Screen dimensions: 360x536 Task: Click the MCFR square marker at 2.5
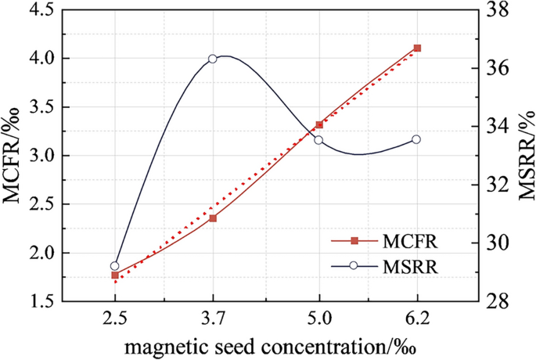(x=115, y=275)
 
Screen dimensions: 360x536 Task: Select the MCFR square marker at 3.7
(x=213, y=218)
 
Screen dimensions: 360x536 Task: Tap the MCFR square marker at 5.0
(x=318, y=124)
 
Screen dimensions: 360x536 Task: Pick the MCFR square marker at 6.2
(x=416, y=49)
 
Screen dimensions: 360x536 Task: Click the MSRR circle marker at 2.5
(x=115, y=266)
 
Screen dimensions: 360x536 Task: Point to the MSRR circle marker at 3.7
(x=213, y=59)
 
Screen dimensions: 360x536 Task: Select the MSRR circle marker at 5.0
(x=318, y=140)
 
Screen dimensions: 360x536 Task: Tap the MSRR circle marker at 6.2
(x=416, y=139)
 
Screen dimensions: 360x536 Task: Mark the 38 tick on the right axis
(x=490, y=10)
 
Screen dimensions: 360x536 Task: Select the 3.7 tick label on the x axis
(x=213, y=319)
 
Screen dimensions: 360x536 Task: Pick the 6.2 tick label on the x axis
(x=416, y=319)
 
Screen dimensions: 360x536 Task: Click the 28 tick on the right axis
(x=490, y=301)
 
